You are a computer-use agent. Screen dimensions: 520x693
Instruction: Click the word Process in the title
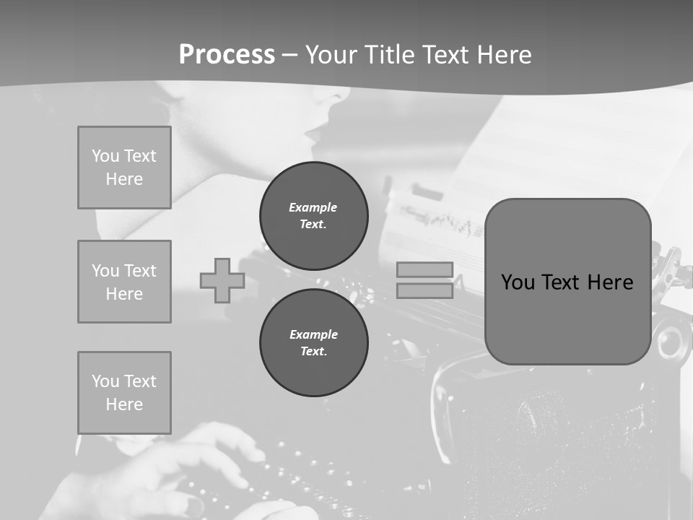pos(227,55)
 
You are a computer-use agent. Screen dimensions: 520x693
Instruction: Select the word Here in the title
pos(501,55)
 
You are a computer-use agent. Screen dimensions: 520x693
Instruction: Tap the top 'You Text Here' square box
pos(124,168)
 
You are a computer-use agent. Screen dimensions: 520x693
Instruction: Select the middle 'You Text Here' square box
pos(124,282)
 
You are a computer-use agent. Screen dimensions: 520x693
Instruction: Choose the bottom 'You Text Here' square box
pos(124,393)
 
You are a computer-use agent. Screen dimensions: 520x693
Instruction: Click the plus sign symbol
pos(222,280)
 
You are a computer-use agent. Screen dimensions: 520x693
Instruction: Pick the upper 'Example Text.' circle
pos(314,216)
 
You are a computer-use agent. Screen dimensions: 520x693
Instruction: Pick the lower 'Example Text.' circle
pos(314,343)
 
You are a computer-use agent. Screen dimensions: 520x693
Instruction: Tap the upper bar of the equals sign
pos(424,269)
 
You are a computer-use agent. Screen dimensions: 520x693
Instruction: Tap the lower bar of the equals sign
pos(424,290)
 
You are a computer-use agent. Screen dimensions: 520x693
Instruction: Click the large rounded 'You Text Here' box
pos(567,282)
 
